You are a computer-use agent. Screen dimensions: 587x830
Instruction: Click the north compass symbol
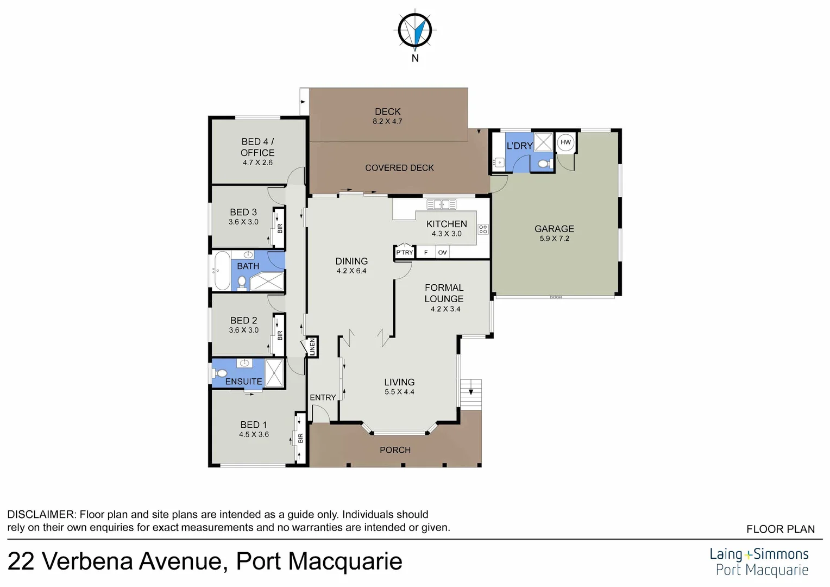415,29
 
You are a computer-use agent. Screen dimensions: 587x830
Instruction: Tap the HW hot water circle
565,142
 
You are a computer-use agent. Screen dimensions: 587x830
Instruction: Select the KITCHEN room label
447,224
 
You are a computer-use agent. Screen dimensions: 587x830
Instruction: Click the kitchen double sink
441,204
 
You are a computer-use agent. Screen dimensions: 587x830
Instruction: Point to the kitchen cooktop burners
483,229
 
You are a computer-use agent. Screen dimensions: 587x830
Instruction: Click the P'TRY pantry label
404,253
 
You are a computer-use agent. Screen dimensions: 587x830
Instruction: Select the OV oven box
442,253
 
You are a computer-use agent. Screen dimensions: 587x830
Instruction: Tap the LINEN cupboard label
312,347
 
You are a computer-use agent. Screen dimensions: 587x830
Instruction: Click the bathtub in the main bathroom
222,270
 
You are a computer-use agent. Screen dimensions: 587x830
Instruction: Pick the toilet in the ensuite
221,373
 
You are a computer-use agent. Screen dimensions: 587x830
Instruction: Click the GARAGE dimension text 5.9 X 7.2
554,239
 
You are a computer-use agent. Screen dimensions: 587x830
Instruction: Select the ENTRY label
323,397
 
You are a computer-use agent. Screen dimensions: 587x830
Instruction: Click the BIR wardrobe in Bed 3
279,228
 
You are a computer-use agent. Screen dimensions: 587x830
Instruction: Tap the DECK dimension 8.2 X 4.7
387,122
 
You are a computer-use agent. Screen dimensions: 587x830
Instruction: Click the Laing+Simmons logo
759,561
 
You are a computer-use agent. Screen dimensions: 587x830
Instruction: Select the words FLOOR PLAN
780,529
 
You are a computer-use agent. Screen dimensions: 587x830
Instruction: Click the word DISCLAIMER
41,514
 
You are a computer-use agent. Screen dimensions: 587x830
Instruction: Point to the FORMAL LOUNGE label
444,293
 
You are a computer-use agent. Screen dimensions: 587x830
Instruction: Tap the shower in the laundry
543,142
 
